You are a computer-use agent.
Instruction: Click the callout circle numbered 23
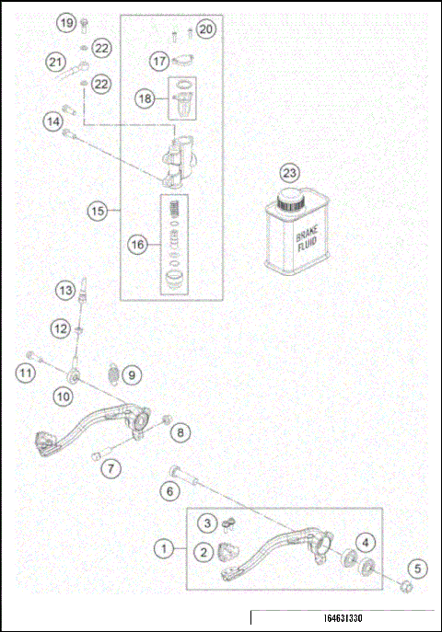pos(290,173)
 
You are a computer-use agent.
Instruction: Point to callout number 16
pos(137,245)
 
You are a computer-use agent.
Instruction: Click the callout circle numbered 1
pos(164,548)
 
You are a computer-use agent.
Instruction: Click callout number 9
pos(132,374)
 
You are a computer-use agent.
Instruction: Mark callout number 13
pos(63,290)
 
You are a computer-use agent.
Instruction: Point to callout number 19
pos(64,21)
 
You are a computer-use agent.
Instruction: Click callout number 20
pos(205,29)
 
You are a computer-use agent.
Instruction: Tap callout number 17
pos(159,61)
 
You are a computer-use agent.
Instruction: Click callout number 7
pos(110,468)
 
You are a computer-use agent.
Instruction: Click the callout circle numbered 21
pos(57,63)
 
